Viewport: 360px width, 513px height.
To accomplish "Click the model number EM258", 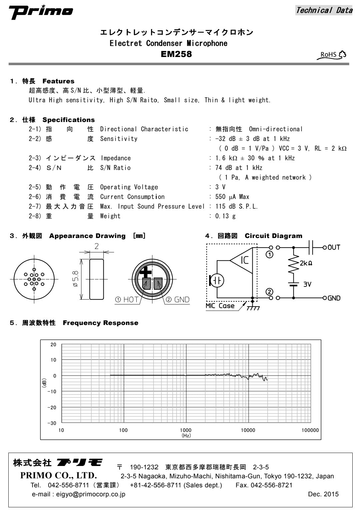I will tap(176, 54).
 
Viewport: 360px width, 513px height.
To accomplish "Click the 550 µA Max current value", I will tap(232, 197).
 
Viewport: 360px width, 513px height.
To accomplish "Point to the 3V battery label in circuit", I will tap(307, 285).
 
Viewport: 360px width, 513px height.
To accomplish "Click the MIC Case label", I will tap(220, 306).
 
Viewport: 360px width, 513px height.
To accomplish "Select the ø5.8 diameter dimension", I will tap(76, 279).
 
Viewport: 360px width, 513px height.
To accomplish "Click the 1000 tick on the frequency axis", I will tap(186, 430).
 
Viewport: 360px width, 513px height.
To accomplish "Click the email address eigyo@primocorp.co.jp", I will tap(79, 494).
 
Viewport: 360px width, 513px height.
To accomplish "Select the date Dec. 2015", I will tap(323, 494).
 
